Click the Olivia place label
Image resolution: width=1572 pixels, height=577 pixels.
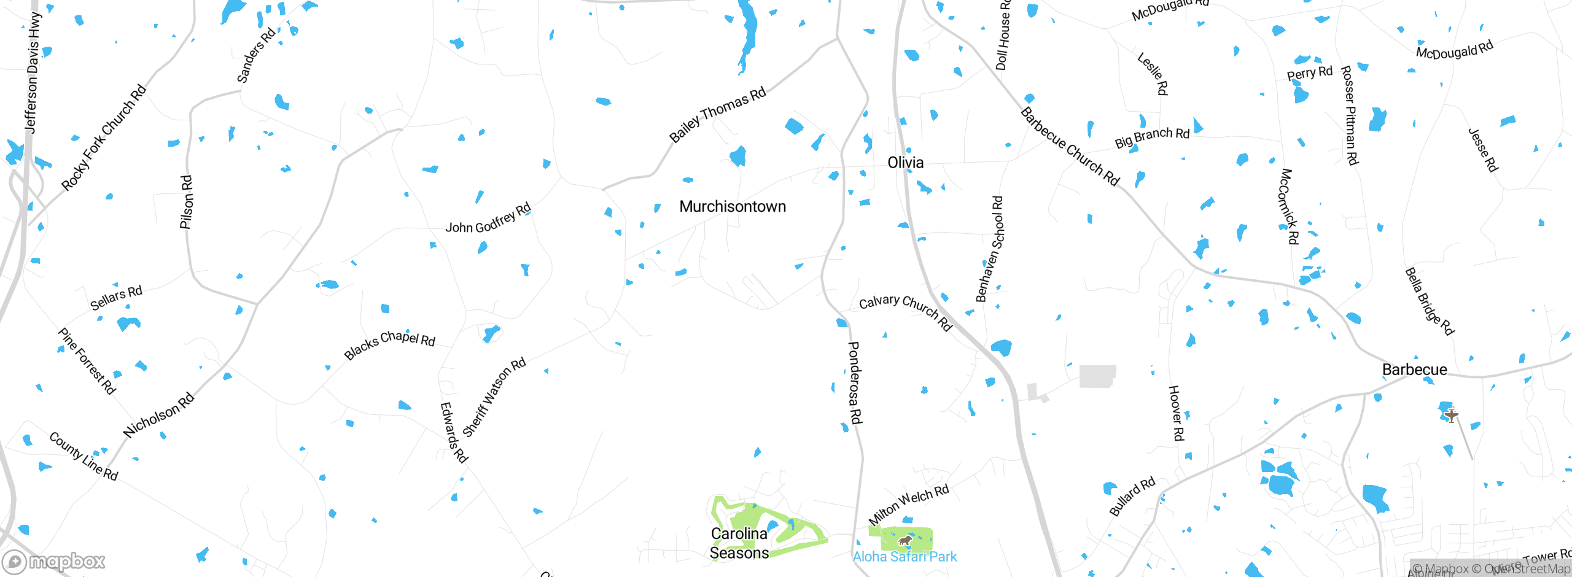click(x=905, y=163)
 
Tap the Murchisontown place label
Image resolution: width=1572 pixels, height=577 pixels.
click(x=732, y=206)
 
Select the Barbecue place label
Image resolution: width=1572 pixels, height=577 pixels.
click(x=1414, y=370)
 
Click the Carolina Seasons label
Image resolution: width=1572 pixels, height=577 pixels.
click(x=739, y=543)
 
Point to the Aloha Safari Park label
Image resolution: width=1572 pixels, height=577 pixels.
click(x=905, y=557)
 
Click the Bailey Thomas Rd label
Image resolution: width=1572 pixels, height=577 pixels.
click(x=717, y=115)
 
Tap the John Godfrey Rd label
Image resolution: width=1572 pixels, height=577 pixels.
click(x=488, y=219)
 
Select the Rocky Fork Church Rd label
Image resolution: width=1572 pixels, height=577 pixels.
click(x=104, y=137)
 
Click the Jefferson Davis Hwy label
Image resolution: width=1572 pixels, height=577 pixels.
click(x=32, y=72)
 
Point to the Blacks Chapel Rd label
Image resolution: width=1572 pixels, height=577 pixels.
click(x=389, y=344)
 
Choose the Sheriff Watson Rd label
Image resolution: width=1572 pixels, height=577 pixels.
click(x=494, y=397)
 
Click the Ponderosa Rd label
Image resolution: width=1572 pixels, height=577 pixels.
click(x=855, y=383)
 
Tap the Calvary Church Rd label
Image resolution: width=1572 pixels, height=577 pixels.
click(x=905, y=312)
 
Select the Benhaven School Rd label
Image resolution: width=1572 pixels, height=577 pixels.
click(x=989, y=249)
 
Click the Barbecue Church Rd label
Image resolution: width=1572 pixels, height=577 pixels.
click(x=1070, y=147)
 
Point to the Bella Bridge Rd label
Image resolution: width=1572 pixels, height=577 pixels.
click(x=1429, y=301)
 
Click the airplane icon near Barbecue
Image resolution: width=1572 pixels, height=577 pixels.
click(x=1451, y=416)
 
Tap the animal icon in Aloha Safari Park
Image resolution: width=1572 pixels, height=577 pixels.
click(x=904, y=541)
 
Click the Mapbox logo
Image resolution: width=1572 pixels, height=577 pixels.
click(x=54, y=562)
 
